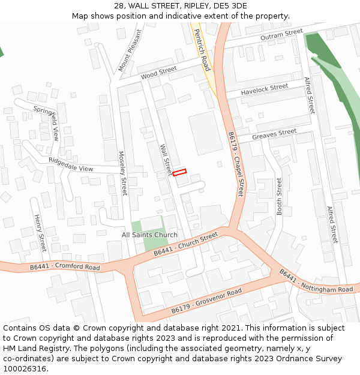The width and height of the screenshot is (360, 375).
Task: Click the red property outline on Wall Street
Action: (179, 172)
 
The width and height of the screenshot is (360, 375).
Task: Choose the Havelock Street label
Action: (265, 90)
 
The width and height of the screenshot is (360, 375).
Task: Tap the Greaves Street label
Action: (274, 134)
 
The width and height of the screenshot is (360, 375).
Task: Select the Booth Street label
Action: (279, 196)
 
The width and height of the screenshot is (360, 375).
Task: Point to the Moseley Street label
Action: (122, 173)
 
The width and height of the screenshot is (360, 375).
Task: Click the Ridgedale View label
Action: (71, 164)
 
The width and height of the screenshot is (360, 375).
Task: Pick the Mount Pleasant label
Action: (130, 50)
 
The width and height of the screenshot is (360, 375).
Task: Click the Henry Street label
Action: (40, 233)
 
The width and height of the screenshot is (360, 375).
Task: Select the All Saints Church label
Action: (149, 235)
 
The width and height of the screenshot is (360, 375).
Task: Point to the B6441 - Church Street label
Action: (185, 244)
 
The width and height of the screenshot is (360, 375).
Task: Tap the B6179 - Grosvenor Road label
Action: (206, 301)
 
